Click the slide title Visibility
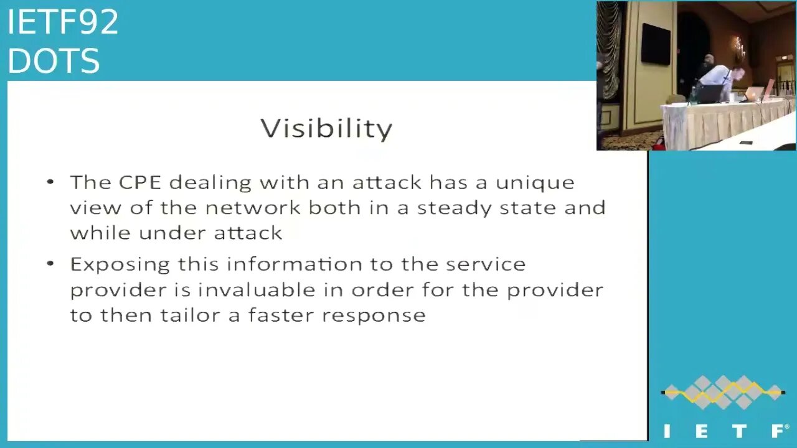[x=326, y=128]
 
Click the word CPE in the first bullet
[x=140, y=182]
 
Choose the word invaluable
[x=257, y=289]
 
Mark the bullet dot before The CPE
[x=50, y=182]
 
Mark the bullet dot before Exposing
[x=50, y=264]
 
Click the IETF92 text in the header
[x=63, y=22]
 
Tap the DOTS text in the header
[x=54, y=61]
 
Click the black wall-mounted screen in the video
[x=656, y=44]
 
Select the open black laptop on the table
[x=708, y=94]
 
